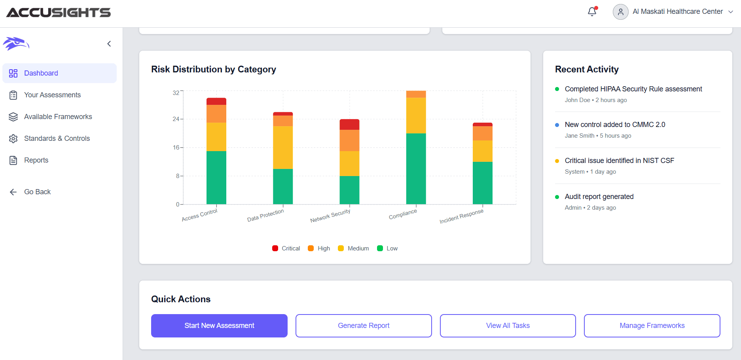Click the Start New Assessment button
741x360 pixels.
point(219,326)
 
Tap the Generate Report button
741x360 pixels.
point(364,326)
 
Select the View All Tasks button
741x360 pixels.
point(508,326)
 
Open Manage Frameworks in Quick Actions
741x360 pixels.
point(652,326)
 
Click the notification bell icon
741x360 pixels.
point(592,12)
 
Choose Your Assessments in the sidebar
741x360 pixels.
point(52,95)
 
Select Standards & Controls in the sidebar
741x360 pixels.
point(57,138)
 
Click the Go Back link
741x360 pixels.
point(37,192)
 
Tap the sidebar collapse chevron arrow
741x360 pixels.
point(109,44)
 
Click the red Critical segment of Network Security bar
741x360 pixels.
point(349,125)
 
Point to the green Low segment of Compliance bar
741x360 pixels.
point(416,169)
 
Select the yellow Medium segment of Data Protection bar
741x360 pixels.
point(283,148)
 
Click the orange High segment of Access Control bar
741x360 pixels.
point(216,114)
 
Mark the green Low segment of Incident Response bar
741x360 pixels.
point(482,183)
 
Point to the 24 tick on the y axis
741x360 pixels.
point(176,119)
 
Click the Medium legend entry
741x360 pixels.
point(353,248)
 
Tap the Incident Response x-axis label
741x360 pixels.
point(461,216)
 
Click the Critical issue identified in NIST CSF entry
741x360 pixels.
point(619,161)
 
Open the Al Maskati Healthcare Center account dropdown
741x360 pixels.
point(677,12)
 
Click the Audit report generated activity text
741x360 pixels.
point(599,197)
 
